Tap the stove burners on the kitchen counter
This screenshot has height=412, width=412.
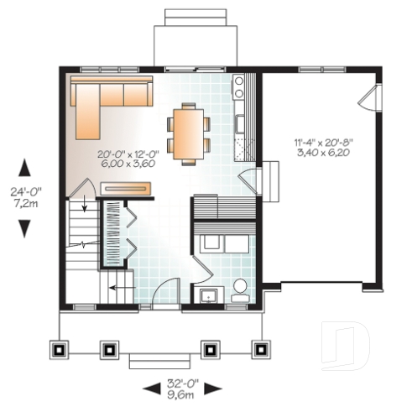tap(238, 85)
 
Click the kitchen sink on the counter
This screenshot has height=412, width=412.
tap(239, 124)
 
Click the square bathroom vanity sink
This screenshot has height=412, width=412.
tap(206, 294)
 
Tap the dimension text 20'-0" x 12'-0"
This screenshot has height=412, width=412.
tap(127, 154)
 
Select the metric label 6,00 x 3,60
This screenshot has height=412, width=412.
tap(127, 164)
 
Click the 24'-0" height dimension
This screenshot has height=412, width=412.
tap(26, 191)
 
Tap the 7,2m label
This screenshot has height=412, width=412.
tap(26, 202)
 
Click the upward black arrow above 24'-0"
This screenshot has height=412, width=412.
tap(25, 169)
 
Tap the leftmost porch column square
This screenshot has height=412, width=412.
tap(58, 347)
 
